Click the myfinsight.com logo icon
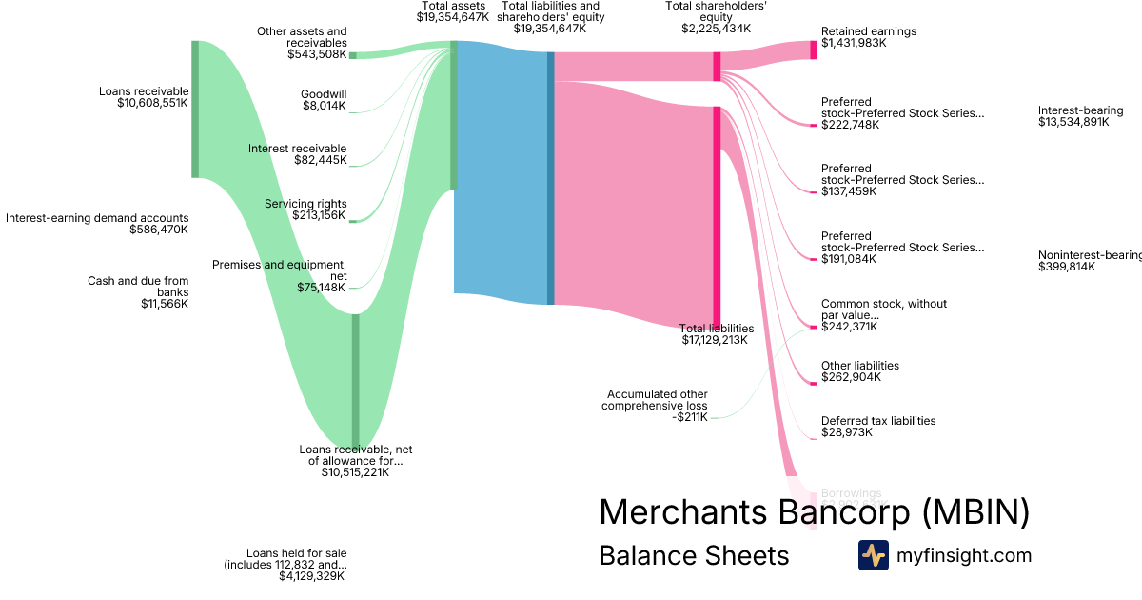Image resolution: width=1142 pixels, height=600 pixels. click(x=873, y=554)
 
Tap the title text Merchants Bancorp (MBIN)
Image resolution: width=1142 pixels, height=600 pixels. click(x=814, y=512)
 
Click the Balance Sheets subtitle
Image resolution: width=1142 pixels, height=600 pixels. click(x=694, y=555)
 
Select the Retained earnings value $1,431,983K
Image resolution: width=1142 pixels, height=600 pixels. click(x=854, y=43)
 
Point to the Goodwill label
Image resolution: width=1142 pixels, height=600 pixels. click(x=324, y=94)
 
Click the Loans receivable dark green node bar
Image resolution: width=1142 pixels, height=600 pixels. click(x=195, y=109)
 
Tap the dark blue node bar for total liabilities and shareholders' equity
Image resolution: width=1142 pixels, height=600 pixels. click(x=550, y=178)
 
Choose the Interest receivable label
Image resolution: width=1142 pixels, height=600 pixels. click(x=297, y=149)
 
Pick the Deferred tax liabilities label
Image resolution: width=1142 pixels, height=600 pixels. click(x=877, y=421)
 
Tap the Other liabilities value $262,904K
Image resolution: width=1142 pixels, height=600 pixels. click(x=851, y=377)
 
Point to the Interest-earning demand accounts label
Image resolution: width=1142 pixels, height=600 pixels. click(x=97, y=218)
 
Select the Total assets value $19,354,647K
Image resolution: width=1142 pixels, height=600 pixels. click(x=455, y=17)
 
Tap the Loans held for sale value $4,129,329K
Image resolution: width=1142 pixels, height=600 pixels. click(x=312, y=576)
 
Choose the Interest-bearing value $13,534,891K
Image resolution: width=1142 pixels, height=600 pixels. click(x=1073, y=122)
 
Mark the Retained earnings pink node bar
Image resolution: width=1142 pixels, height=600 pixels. click(x=814, y=50)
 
